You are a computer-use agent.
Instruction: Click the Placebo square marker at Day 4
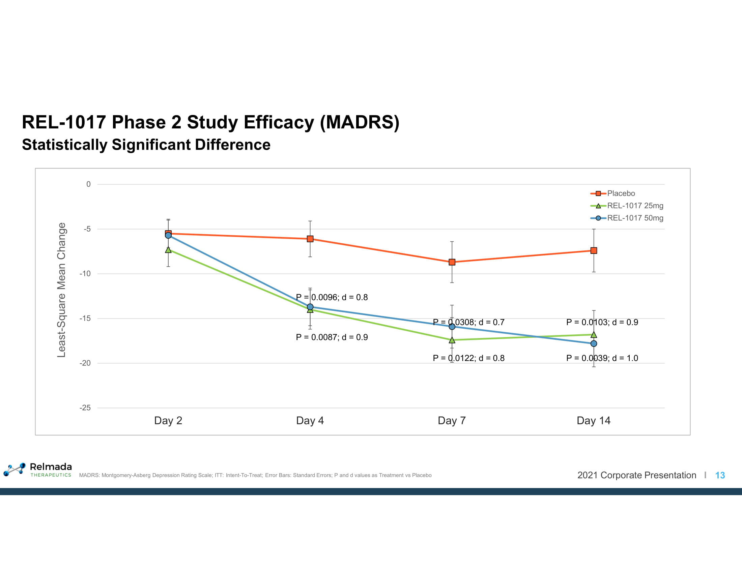coord(310,239)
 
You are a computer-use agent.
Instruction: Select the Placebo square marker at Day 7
coord(452,262)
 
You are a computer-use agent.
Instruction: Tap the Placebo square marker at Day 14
coord(594,250)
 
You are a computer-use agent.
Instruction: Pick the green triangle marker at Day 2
coord(168,250)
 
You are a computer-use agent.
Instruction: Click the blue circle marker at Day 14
coord(594,343)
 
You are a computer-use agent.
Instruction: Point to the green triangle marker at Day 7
coord(452,340)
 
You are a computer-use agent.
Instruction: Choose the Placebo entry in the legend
coord(621,193)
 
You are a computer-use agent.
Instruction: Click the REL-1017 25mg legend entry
coord(635,206)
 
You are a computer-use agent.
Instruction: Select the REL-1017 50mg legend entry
coord(635,218)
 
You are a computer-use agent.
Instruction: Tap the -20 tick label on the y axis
coord(85,363)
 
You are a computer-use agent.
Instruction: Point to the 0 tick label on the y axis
coord(88,184)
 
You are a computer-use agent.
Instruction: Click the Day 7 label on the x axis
coord(452,421)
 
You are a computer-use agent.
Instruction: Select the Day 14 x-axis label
coord(594,421)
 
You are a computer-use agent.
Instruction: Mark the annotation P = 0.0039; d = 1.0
coord(602,358)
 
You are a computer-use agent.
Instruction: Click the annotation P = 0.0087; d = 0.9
coord(332,337)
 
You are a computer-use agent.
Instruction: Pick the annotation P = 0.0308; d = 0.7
coord(468,322)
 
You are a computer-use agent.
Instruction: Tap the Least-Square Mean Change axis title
coord(61,290)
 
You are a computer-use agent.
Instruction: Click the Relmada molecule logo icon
coord(14,469)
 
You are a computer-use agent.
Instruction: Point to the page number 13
coord(720,475)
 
